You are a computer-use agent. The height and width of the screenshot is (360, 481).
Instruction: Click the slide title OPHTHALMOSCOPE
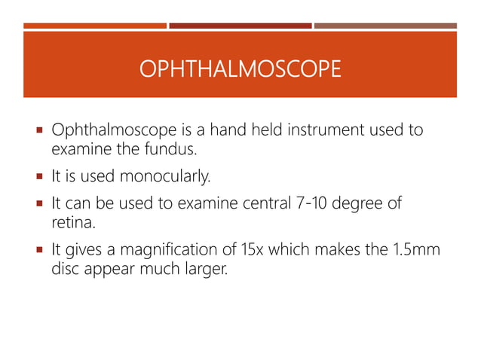click(x=240, y=70)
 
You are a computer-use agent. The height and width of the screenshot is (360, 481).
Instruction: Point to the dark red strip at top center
click(x=240, y=26)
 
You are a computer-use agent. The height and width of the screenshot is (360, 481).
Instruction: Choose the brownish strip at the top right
click(x=385, y=26)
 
